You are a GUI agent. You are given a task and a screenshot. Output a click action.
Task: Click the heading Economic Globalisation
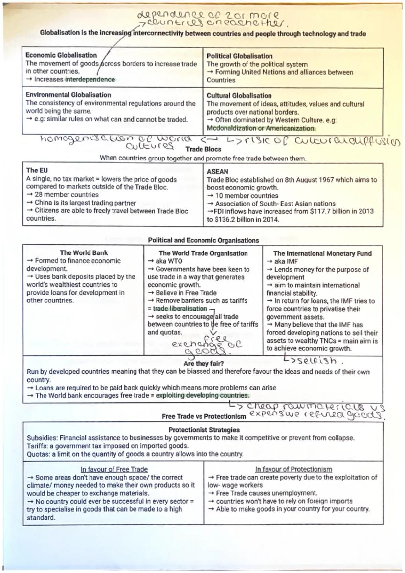coord(61,55)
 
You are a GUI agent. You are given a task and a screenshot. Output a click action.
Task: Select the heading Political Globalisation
coord(240,56)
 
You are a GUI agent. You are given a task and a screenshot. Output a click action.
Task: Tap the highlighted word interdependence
coord(90,80)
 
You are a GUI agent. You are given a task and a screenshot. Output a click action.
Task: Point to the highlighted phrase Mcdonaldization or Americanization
coord(261,128)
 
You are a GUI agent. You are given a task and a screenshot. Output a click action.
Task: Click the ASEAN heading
coord(218,172)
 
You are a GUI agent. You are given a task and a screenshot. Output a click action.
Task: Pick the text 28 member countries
coord(67,195)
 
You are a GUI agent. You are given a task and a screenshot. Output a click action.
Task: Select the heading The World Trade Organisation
coord(203,253)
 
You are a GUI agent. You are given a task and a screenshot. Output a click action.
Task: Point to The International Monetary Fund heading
coord(322,253)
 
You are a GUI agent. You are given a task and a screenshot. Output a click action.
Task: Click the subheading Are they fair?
coord(202,364)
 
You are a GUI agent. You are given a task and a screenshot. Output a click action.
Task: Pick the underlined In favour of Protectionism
coord(293,469)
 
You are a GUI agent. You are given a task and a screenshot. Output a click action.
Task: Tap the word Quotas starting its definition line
coord(38,454)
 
